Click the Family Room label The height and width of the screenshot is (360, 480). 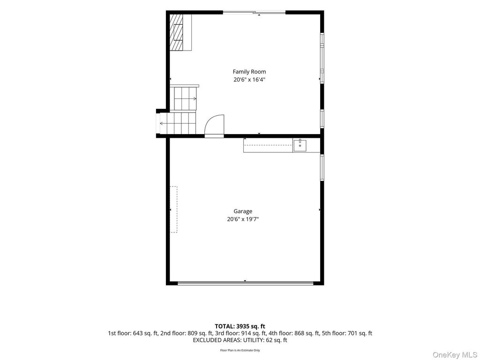[x=249, y=72]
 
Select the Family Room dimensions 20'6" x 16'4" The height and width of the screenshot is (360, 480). [x=249, y=80]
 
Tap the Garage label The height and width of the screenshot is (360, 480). [x=243, y=211]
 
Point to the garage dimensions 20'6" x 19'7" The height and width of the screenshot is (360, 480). [x=243, y=219]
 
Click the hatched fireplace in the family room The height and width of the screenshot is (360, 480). [x=177, y=32]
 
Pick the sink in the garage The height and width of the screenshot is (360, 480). [x=300, y=145]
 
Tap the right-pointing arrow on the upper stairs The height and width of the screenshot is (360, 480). [x=194, y=98]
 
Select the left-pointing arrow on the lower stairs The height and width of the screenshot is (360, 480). [x=164, y=123]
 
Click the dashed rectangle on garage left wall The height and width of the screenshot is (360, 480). [x=173, y=210]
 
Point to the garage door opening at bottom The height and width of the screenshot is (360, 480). [x=246, y=284]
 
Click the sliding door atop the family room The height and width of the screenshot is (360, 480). [x=254, y=12]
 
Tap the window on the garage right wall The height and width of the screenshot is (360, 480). [x=322, y=167]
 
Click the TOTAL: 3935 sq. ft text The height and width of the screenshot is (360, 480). [x=240, y=326]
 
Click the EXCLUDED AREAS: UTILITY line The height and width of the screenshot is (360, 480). [x=240, y=340]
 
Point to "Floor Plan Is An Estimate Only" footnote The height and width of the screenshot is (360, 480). [x=240, y=350]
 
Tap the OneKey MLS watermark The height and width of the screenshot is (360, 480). [x=455, y=355]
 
